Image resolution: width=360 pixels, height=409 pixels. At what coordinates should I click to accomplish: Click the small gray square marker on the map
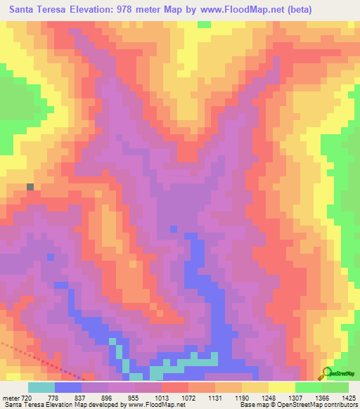click(x=30, y=187)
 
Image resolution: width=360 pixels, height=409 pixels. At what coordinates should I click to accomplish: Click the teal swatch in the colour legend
click(x=41, y=387)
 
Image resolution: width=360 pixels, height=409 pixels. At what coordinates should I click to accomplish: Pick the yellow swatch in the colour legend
click(x=281, y=387)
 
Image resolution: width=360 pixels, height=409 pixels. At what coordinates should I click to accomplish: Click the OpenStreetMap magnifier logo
click(x=327, y=372)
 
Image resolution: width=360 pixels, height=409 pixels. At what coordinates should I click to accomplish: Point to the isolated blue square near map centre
click(x=173, y=228)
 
